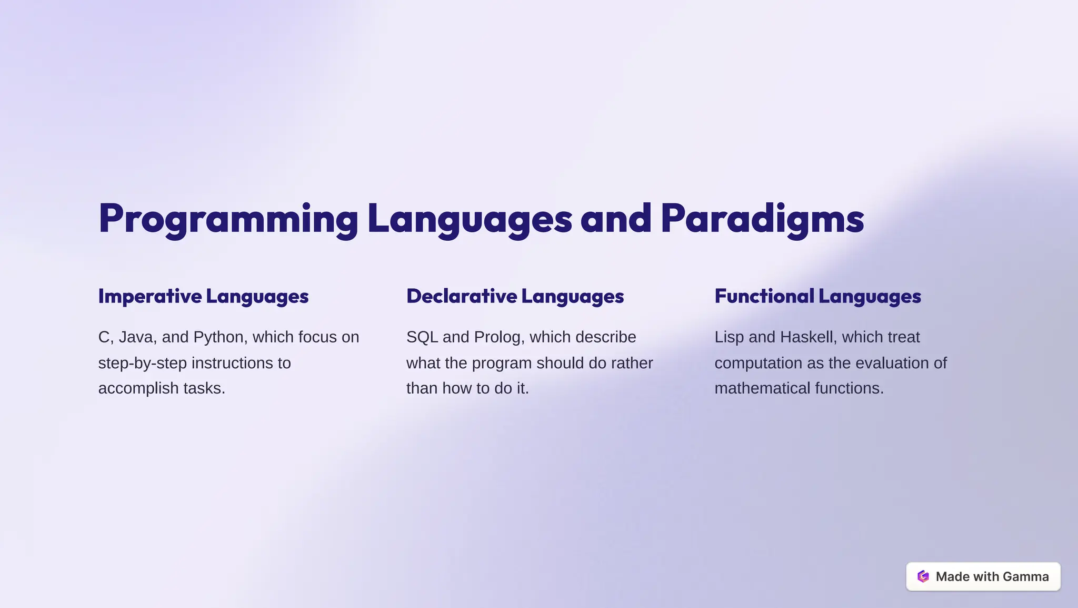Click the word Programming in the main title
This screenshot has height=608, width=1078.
(x=228, y=219)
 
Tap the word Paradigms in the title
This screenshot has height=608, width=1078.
(x=762, y=219)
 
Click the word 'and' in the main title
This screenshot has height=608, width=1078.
(x=616, y=219)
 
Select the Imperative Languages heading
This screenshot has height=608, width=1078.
(x=203, y=296)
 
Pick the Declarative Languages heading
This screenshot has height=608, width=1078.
(x=515, y=296)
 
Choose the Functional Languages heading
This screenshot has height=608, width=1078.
(x=817, y=296)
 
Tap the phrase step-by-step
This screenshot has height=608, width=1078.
(x=142, y=363)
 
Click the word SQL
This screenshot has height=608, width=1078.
(x=422, y=337)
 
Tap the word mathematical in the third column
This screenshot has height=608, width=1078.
(x=762, y=388)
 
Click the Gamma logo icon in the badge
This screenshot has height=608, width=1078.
(x=923, y=576)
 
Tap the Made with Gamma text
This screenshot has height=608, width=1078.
(x=992, y=576)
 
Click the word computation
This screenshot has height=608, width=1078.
(x=758, y=363)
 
